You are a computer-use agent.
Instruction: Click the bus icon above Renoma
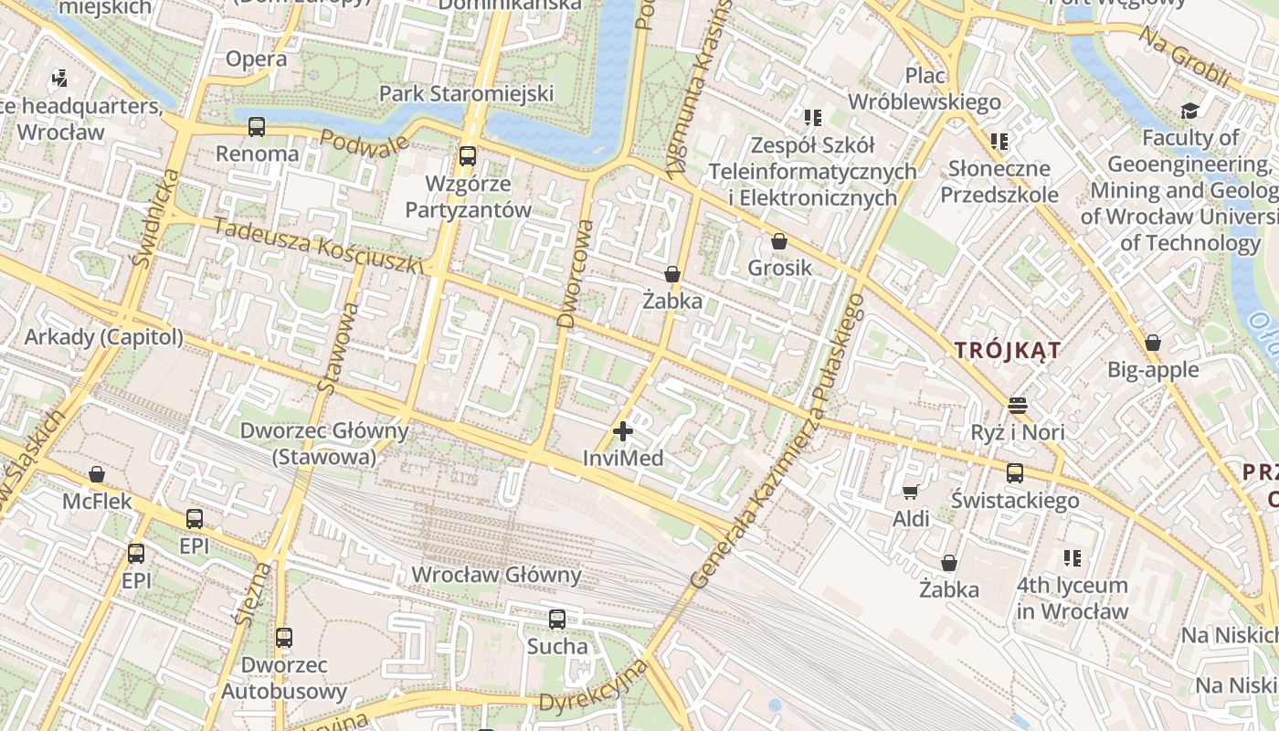[257, 127]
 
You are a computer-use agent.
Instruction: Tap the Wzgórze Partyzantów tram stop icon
[468, 155]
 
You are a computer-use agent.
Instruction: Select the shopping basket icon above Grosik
[779, 241]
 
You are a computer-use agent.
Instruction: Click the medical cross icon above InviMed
[623, 430]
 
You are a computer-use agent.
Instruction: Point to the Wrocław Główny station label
[496, 575]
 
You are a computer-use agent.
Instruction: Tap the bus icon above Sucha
[557, 620]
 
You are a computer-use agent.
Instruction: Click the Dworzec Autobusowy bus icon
[284, 637]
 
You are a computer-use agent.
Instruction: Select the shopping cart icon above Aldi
[911, 493]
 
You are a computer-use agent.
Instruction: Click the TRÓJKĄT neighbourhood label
[1008, 350]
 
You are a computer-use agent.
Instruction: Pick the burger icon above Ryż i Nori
[1018, 405]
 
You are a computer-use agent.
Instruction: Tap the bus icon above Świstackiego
[1015, 473]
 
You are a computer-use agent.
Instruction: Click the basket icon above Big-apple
[1153, 343]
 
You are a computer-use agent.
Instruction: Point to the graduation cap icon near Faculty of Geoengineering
[1189, 111]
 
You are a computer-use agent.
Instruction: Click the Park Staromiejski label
[467, 93]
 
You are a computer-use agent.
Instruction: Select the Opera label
[256, 59]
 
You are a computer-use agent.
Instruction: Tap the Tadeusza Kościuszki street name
[320, 245]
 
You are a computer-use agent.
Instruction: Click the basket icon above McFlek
[97, 474]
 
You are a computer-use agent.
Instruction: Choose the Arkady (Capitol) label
[103, 336]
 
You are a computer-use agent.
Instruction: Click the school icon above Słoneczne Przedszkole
[999, 142]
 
